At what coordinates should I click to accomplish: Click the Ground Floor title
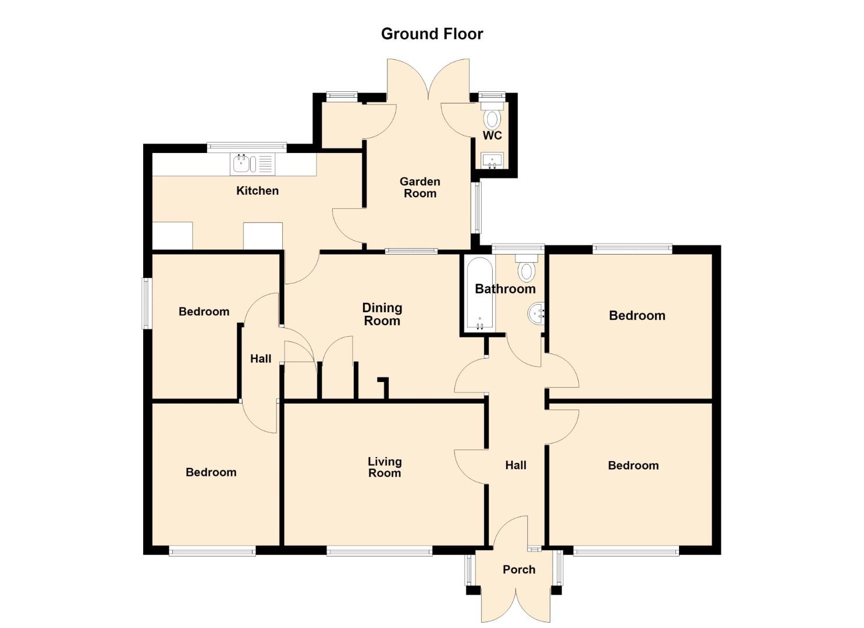pos(432,34)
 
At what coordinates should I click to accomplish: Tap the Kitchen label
pos(257,191)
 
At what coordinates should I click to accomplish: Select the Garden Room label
pos(419,187)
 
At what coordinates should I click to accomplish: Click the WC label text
pos(492,135)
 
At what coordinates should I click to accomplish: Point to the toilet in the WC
pos(492,116)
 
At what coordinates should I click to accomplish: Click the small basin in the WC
pos(492,160)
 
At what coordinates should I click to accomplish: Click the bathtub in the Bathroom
pos(480,294)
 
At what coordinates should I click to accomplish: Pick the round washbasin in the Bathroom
pos(536,313)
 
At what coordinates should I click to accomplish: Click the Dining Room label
pos(382,314)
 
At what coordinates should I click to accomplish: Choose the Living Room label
pos(385,467)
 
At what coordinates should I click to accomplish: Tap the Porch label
pos(519,569)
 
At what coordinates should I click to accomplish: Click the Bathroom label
pos(505,289)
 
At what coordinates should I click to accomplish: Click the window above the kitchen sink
pos(247,147)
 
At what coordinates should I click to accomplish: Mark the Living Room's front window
pos(379,552)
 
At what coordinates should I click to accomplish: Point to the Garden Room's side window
pos(478,208)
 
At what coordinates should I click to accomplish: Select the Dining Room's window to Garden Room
pos(411,251)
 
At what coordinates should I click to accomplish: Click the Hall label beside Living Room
pos(515,465)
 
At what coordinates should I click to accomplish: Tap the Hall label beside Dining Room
pos(261,359)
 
